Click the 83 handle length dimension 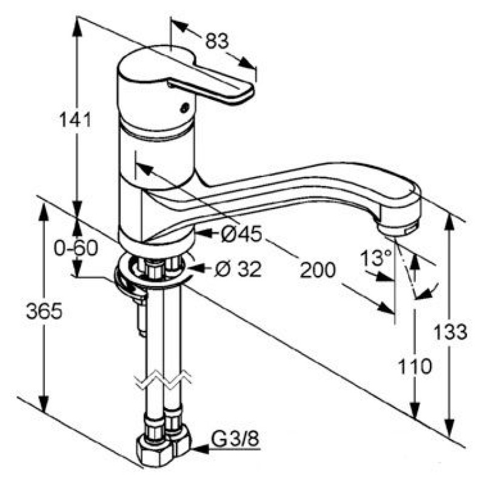tap(217, 41)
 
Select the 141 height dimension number tap(75, 120)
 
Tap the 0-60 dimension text tap(76, 248)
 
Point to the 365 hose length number tap(44, 311)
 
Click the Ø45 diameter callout tap(241, 233)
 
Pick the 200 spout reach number tap(318, 270)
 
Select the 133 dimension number tap(450, 332)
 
